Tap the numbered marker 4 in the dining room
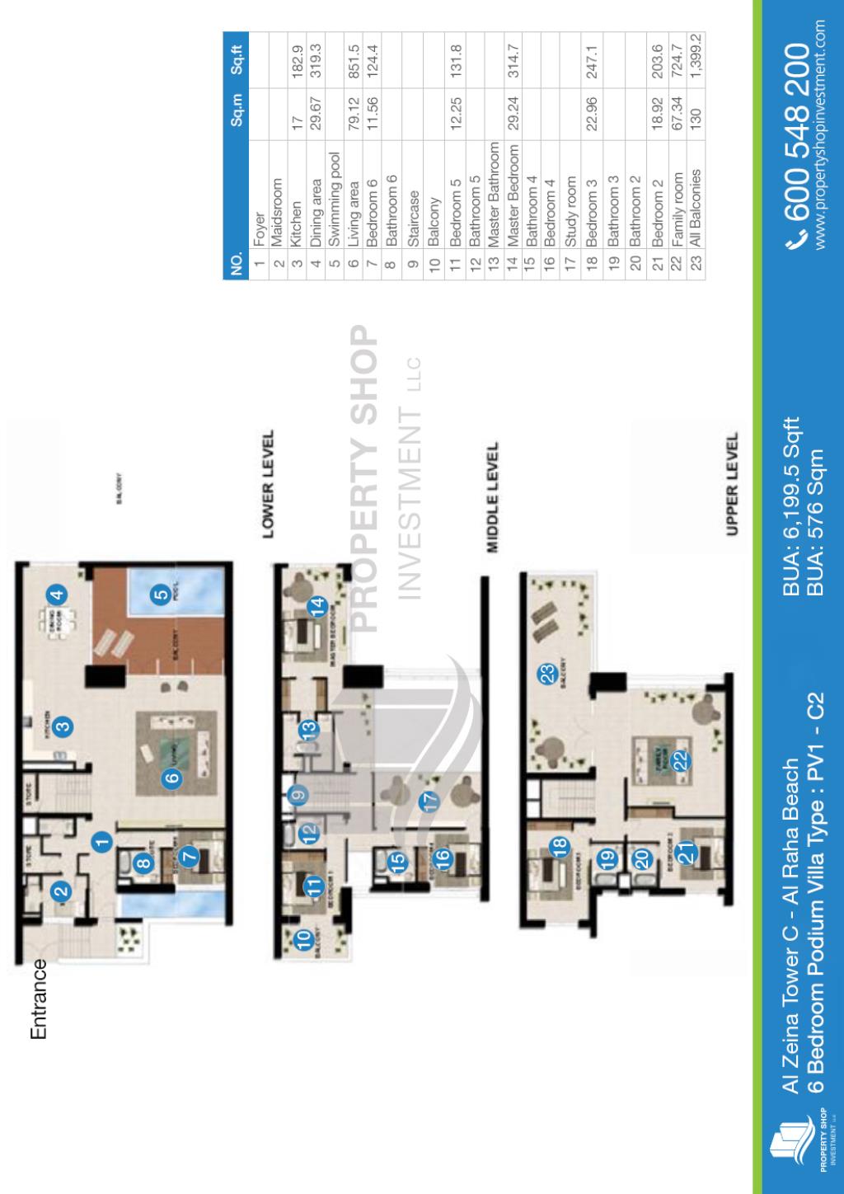[55, 593]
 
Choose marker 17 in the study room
[429, 800]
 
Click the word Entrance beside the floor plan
[38, 997]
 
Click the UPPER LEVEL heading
[732, 483]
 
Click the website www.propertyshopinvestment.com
[822, 137]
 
